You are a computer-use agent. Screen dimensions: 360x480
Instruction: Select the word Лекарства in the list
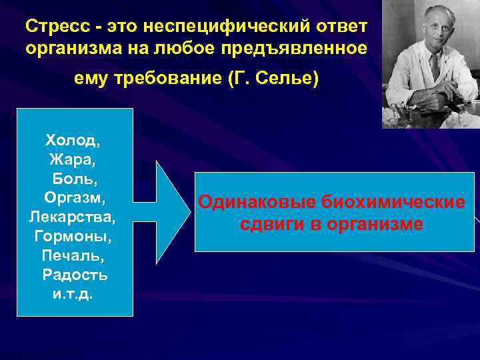click(x=73, y=217)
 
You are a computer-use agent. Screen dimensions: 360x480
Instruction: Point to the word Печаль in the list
click(x=73, y=256)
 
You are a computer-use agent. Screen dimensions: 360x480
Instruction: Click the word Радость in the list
click(x=75, y=275)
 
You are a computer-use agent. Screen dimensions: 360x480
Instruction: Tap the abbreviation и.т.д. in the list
click(x=73, y=294)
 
